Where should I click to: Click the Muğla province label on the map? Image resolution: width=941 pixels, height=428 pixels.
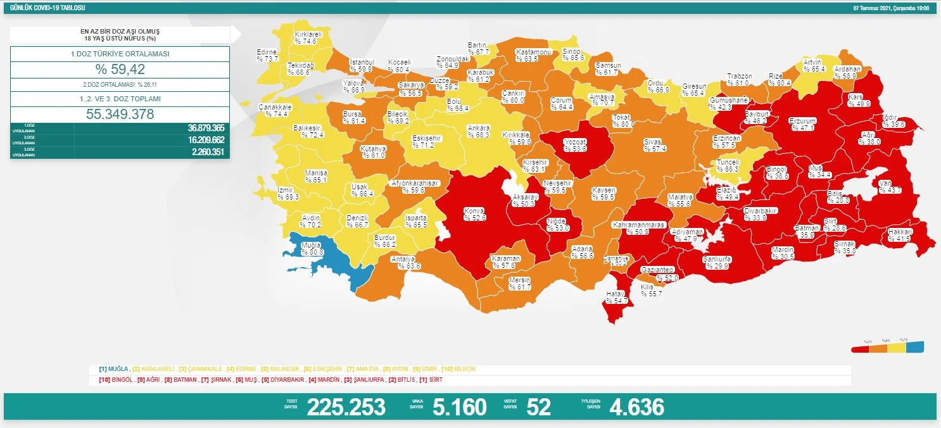[312, 248]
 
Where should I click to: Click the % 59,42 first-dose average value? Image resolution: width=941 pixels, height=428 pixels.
[120, 70]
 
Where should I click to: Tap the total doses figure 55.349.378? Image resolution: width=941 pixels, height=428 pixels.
[120, 114]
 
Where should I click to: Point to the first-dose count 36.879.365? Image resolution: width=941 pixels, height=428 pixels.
[206, 128]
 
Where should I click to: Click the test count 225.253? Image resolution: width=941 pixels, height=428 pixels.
[346, 407]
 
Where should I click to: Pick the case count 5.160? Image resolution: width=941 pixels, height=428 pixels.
[459, 407]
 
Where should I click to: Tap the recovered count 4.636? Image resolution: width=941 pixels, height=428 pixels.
[636, 407]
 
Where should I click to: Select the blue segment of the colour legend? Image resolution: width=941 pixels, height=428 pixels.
[915, 347]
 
